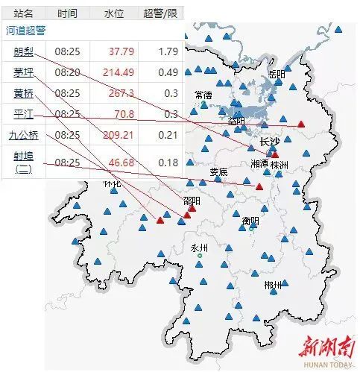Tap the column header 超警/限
(161, 13)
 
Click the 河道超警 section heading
(26, 31)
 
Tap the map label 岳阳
(277, 74)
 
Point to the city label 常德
(203, 95)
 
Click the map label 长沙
(269, 142)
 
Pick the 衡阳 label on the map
(250, 221)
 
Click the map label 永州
(199, 248)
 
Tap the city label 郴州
(273, 285)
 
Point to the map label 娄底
(218, 172)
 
